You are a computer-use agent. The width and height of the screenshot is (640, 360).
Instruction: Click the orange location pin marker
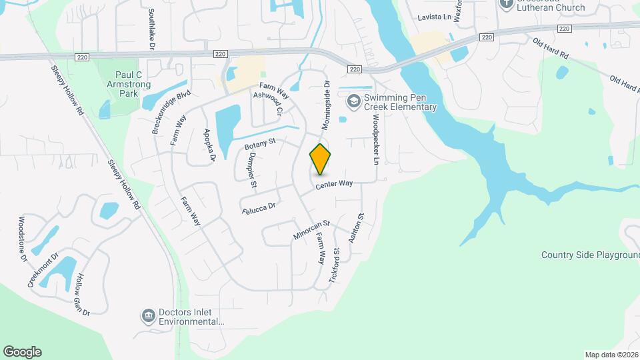click(x=321, y=159)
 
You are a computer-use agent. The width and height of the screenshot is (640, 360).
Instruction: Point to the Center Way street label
click(x=334, y=183)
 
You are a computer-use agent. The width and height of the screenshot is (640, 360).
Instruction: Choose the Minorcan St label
click(x=311, y=231)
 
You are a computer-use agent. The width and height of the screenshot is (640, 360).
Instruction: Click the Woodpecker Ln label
click(x=376, y=139)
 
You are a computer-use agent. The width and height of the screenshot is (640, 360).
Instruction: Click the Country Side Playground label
click(x=589, y=255)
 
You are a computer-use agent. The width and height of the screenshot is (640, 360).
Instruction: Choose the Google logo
click(x=21, y=352)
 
